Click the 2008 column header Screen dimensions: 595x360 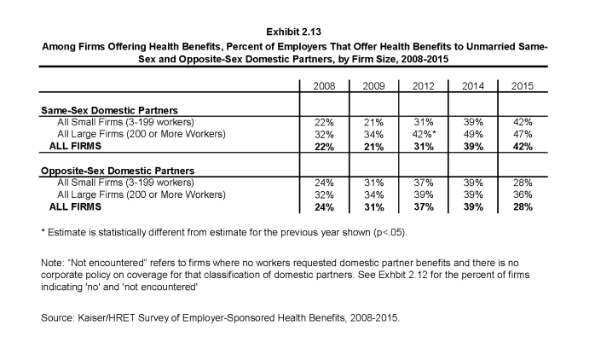coord(324,86)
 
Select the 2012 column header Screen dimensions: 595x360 coord(423,86)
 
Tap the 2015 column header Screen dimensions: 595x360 coord(523,86)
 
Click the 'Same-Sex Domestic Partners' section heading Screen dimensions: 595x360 coord(109,111)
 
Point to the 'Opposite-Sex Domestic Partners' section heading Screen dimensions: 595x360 coord(118,171)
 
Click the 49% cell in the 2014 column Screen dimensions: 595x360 coord(473,135)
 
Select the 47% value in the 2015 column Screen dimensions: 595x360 coord(523,135)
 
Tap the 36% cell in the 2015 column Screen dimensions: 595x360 coord(523,195)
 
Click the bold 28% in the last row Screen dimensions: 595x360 coord(523,207)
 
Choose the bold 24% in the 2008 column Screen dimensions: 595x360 coord(324,207)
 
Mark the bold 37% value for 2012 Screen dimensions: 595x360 coord(424,207)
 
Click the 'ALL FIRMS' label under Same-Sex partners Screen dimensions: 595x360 coord(75,146)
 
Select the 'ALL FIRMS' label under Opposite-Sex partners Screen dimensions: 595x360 coord(75,207)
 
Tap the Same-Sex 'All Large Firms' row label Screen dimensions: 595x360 coord(142,134)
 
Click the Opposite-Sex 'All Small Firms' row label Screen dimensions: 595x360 coord(125,183)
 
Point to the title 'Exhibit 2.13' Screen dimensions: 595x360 coord(294,32)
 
